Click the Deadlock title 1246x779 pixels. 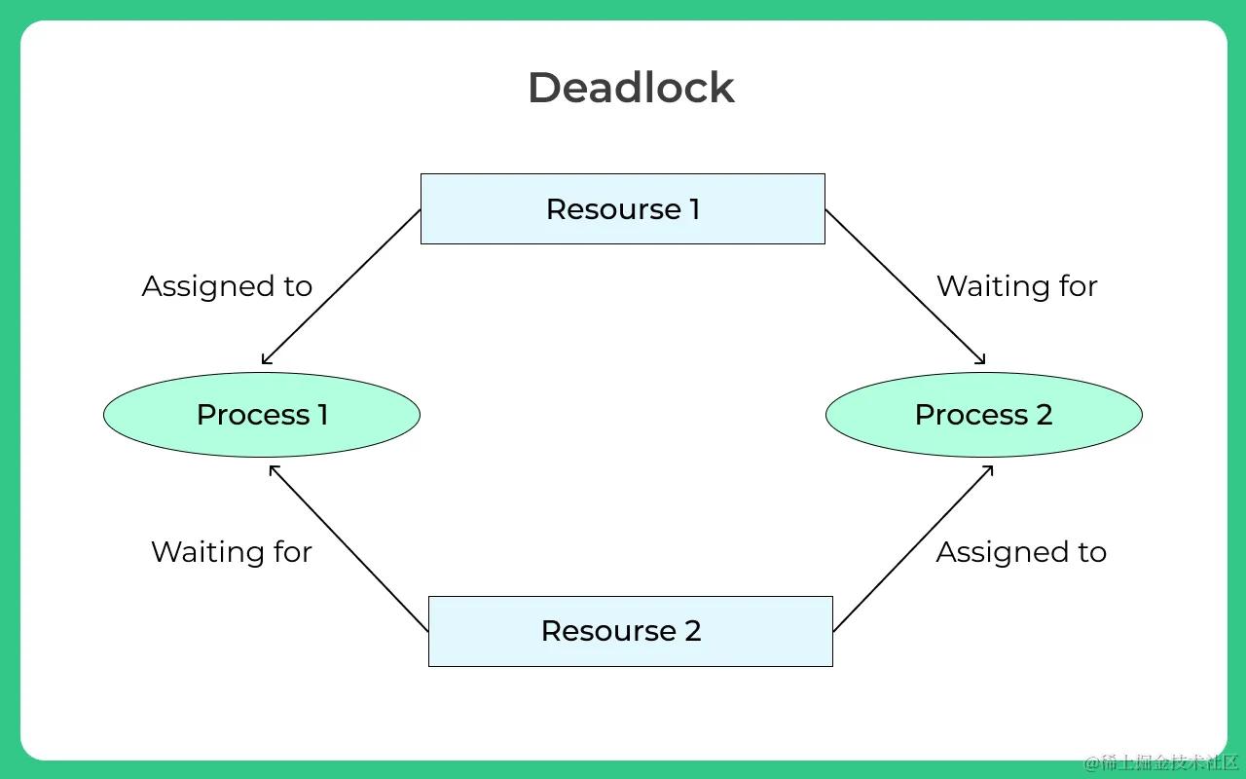point(631,88)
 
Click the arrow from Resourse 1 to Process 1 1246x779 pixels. point(341,287)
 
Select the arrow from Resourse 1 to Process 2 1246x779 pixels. point(905,287)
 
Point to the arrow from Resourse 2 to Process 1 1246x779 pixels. point(348,548)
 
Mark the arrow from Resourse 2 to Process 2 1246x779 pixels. point(913,548)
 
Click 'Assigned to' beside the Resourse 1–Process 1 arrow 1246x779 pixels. point(227,286)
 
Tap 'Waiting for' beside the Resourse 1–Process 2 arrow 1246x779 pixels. point(1016,286)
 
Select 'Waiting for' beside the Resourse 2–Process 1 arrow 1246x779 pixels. point(231,552)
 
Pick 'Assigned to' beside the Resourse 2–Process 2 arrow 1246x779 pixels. point(1020,552)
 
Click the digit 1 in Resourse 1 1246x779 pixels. point(694,209)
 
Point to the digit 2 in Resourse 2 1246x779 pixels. point(692,631)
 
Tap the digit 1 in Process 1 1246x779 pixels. point(321,415)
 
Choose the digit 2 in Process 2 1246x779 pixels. point(1044,415)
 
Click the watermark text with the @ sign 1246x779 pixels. point(1160,761)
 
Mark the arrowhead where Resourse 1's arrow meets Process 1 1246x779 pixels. point(265,361)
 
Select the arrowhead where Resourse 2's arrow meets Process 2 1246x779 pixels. point(989,468)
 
